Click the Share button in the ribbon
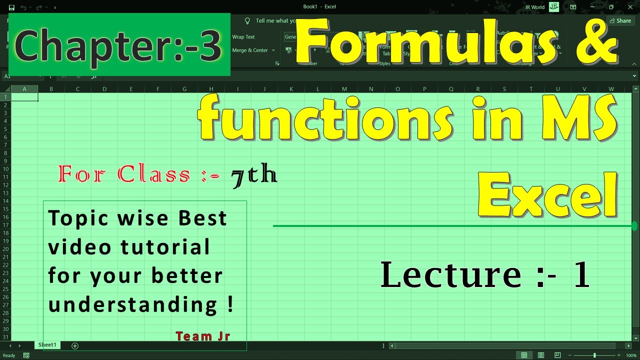(620, 20)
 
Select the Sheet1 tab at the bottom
(47, 345)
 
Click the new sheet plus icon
(75, 345)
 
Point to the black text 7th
(254, 175)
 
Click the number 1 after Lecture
(581, 275)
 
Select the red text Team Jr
(202, 336)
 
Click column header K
(291, 89)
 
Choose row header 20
(5, 248)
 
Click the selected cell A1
(24, 97)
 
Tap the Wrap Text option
(243, 37)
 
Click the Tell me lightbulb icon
(247, 21)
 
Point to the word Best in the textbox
(202, 218)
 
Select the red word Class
(153, 174)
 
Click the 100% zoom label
(631, 355)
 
